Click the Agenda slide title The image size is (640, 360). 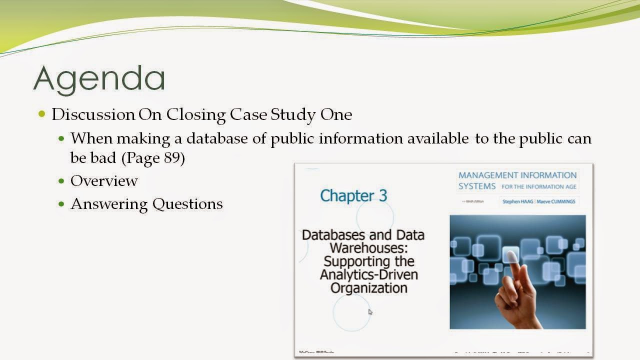click(x=99, y=78)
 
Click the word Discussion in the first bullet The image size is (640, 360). click(x=93, y=114)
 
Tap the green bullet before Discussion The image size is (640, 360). click(x=42, y=114)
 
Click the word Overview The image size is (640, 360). click(x=104, y=180)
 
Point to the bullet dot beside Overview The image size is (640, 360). click(x=61, y=181)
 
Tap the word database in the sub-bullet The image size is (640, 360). click(x=217, y=138)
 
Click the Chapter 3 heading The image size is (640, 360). click(x=353, y=195)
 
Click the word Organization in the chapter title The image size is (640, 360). click(x=369, y=288)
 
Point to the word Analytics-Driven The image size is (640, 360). click(x=369, y=274)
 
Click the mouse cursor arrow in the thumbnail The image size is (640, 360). click(x=370, y=312)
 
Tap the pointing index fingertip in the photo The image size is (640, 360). click(x=511, y=256)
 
